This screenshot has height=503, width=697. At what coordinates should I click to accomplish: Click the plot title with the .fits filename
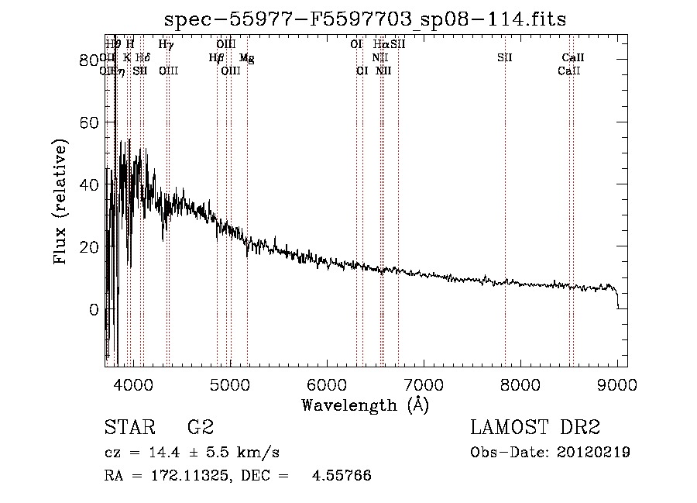[x=366, y=20]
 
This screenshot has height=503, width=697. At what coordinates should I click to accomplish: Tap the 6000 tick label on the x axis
[x=327, y=384]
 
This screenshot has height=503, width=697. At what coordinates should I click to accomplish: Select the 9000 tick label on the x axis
[x=617, y=384]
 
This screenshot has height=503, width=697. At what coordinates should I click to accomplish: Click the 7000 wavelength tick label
[x=424, y=384]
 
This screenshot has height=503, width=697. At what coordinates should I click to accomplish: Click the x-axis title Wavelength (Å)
[x=365, y=405]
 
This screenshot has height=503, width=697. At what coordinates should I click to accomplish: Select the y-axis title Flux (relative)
[x=60, y=202]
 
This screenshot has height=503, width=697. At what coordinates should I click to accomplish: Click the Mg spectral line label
[x=246, y=57]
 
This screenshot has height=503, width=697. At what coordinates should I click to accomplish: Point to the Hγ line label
[x=166, y=45]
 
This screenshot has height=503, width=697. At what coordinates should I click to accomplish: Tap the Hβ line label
[x=216, y=57]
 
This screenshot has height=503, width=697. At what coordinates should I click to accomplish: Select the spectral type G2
[x=200, y=428]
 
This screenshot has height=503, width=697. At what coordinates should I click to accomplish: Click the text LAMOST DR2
[x=535, y=428]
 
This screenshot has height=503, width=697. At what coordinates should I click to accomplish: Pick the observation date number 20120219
[x=595, y=452]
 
